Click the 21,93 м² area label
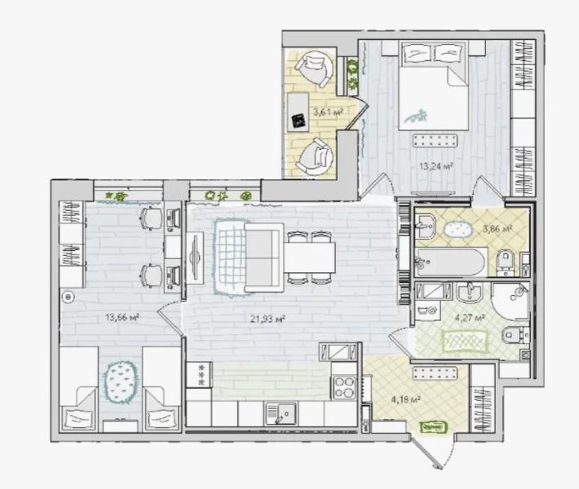coord(268,319)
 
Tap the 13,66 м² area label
coord(122,317)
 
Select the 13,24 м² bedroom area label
coord(436,166)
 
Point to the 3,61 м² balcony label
coord(329,112)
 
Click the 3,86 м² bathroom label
coord(497,229)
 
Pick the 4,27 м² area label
coord(470,318)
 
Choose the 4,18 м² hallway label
coord(406,399)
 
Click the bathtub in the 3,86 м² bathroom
coord(450,262)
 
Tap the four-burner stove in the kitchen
coord(344,387)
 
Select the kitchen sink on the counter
coord(281,413)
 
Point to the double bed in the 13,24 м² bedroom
coord(434,86)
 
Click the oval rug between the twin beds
coord(121,382)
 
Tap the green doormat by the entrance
coord(434,427)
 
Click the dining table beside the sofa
coord(309,258)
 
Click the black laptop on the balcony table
coord(298,121)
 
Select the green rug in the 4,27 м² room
coord(464,341)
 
